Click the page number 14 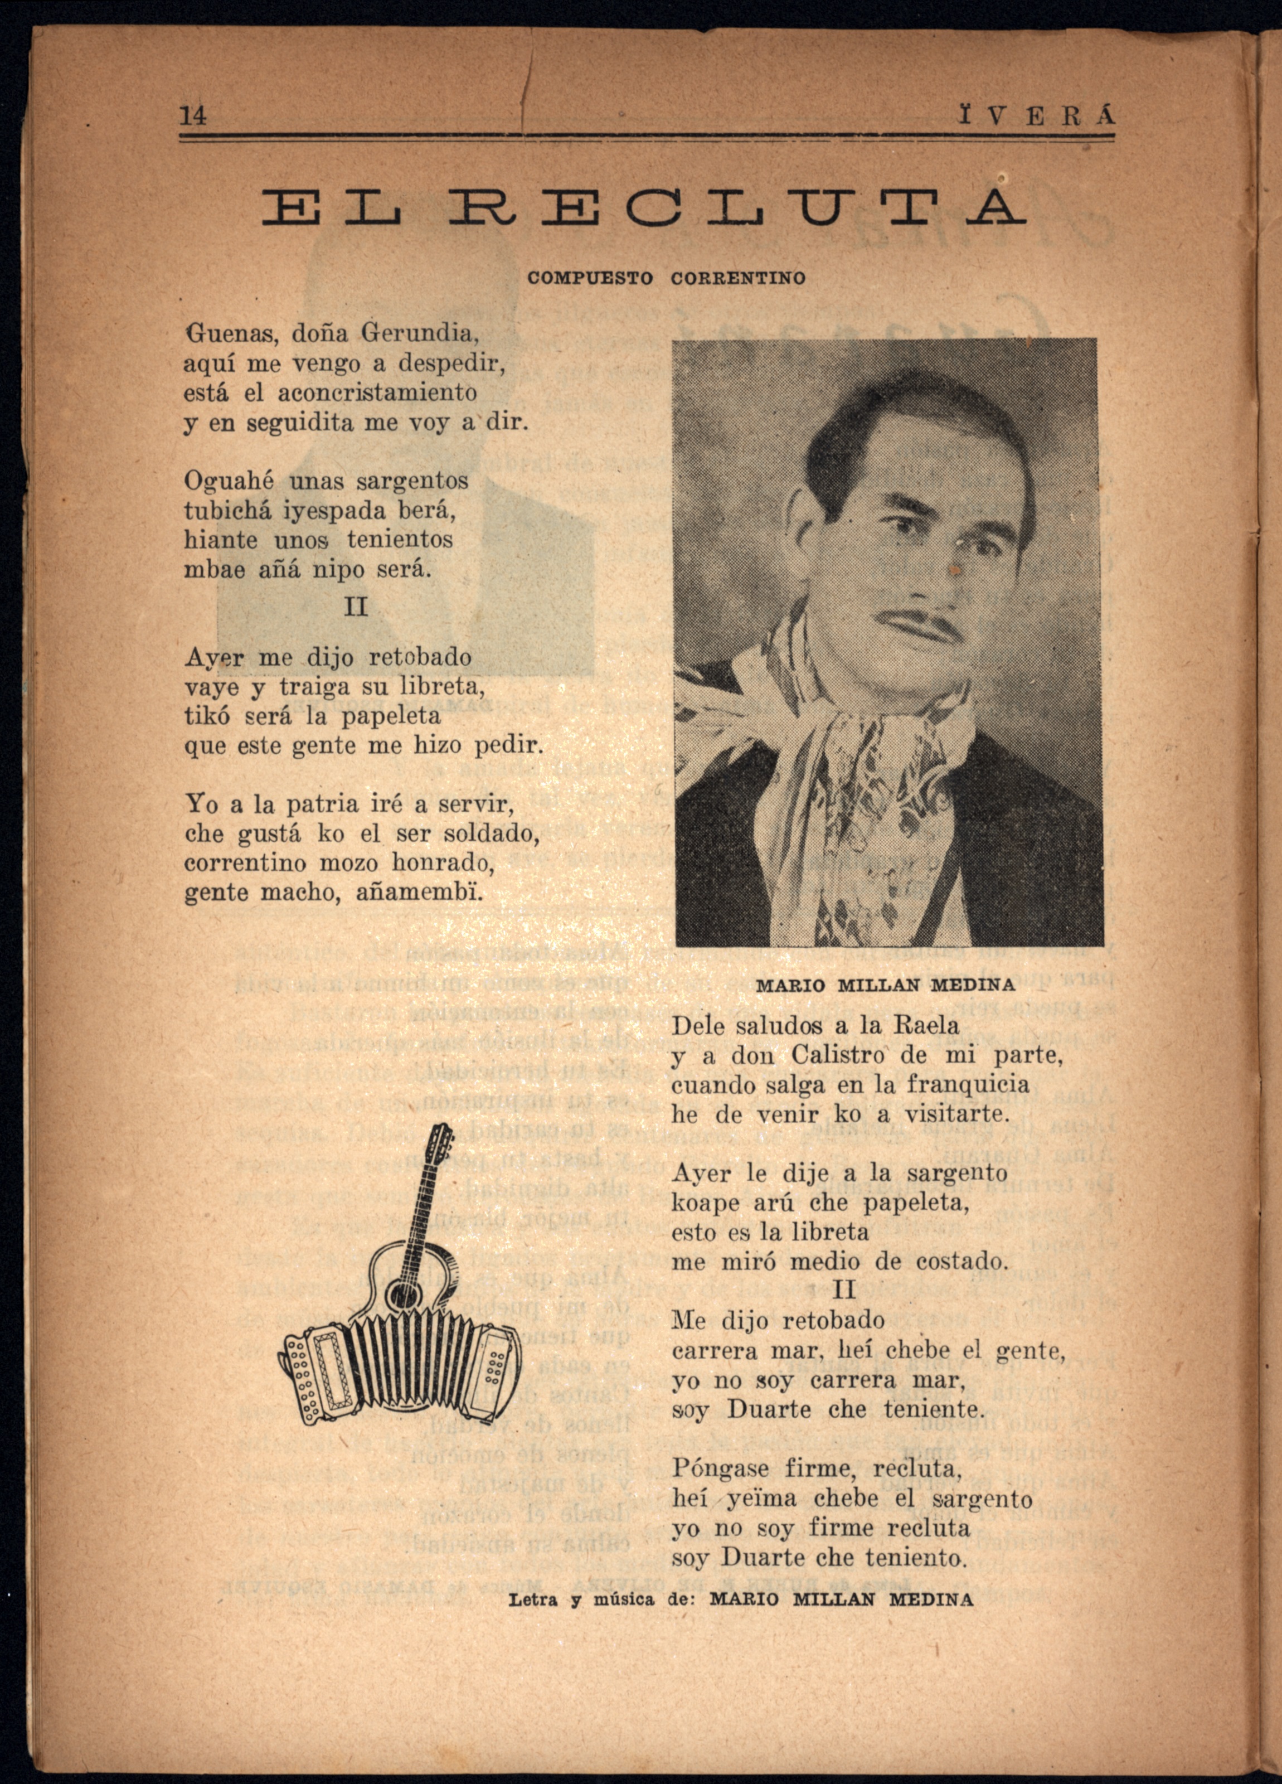coord(193,115)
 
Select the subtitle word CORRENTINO coord(739,278)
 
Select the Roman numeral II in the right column coord(844,1289)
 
